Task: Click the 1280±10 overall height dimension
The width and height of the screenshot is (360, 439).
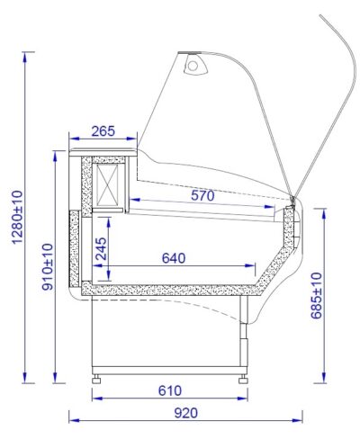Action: [17, 217]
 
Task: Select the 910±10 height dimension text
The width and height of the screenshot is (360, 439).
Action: [48, 266]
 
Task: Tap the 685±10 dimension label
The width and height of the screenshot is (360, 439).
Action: [317, 295]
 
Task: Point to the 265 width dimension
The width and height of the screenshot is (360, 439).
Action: [103, 131]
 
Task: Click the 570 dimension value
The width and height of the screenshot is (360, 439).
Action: [202, 195]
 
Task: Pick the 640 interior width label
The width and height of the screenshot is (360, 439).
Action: [174, 258]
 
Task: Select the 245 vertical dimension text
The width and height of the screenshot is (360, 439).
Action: [101, 248]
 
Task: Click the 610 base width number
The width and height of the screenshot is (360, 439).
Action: [170, 390]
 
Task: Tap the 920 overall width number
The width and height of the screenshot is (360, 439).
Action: [186, 413]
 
